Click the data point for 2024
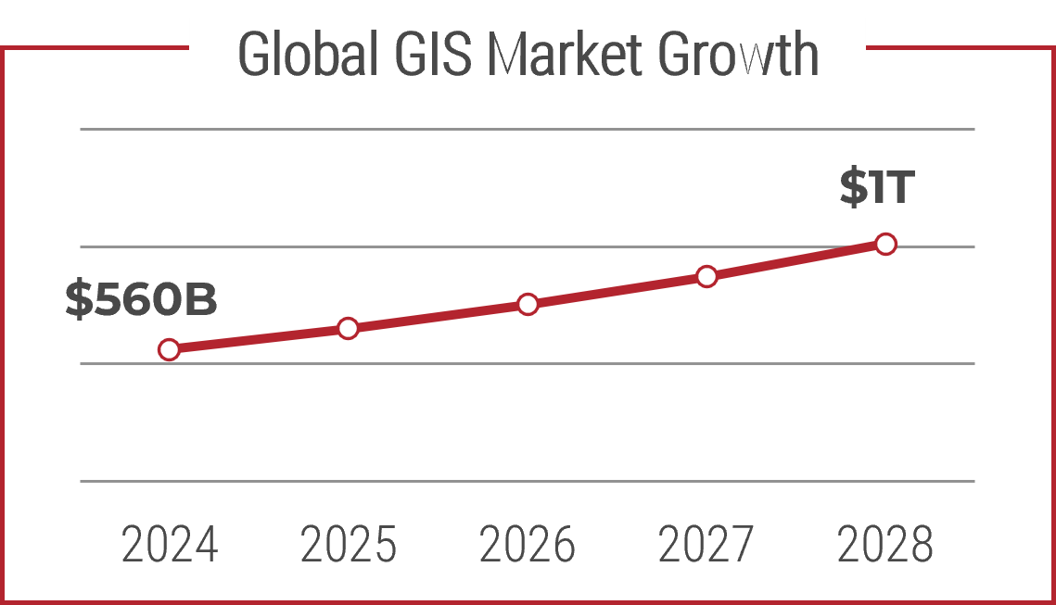[x=169, y=349]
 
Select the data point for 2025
[x=348, y=328]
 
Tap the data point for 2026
[x=528, y=304]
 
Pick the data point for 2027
[x=706, y=276]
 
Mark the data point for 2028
[x=885, y=245]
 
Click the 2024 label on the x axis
[x=170, y=545]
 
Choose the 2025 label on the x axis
[x=349, y=545]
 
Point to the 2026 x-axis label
[x=528, y=545]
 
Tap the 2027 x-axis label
[x=706, y=545]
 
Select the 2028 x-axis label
[x=885, y=545]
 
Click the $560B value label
[x=141, y=300]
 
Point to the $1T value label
[x=877, y=187]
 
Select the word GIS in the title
[x=431, y=56]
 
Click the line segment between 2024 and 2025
[x=258, y=339]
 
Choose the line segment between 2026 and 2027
[x=617, y=290]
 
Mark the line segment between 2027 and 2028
[x=795, y=260]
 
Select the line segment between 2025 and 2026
[x=438, y=316]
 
